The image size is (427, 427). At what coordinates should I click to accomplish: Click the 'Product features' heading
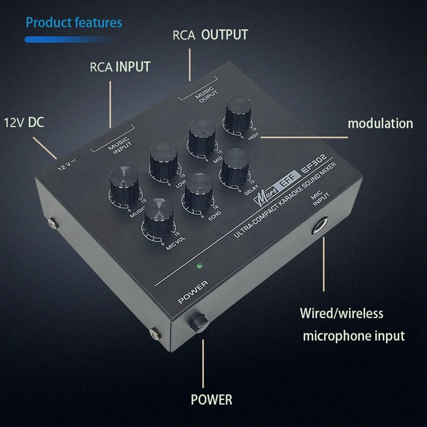74,22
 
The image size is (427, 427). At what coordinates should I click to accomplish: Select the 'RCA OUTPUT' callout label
210,35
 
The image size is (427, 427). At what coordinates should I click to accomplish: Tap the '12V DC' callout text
25,122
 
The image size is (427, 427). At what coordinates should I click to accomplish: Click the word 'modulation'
380,123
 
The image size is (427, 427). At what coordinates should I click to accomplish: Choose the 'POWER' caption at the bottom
212,399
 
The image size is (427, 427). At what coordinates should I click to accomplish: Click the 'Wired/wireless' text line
341,313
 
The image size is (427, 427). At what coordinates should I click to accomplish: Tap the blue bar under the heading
67,39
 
